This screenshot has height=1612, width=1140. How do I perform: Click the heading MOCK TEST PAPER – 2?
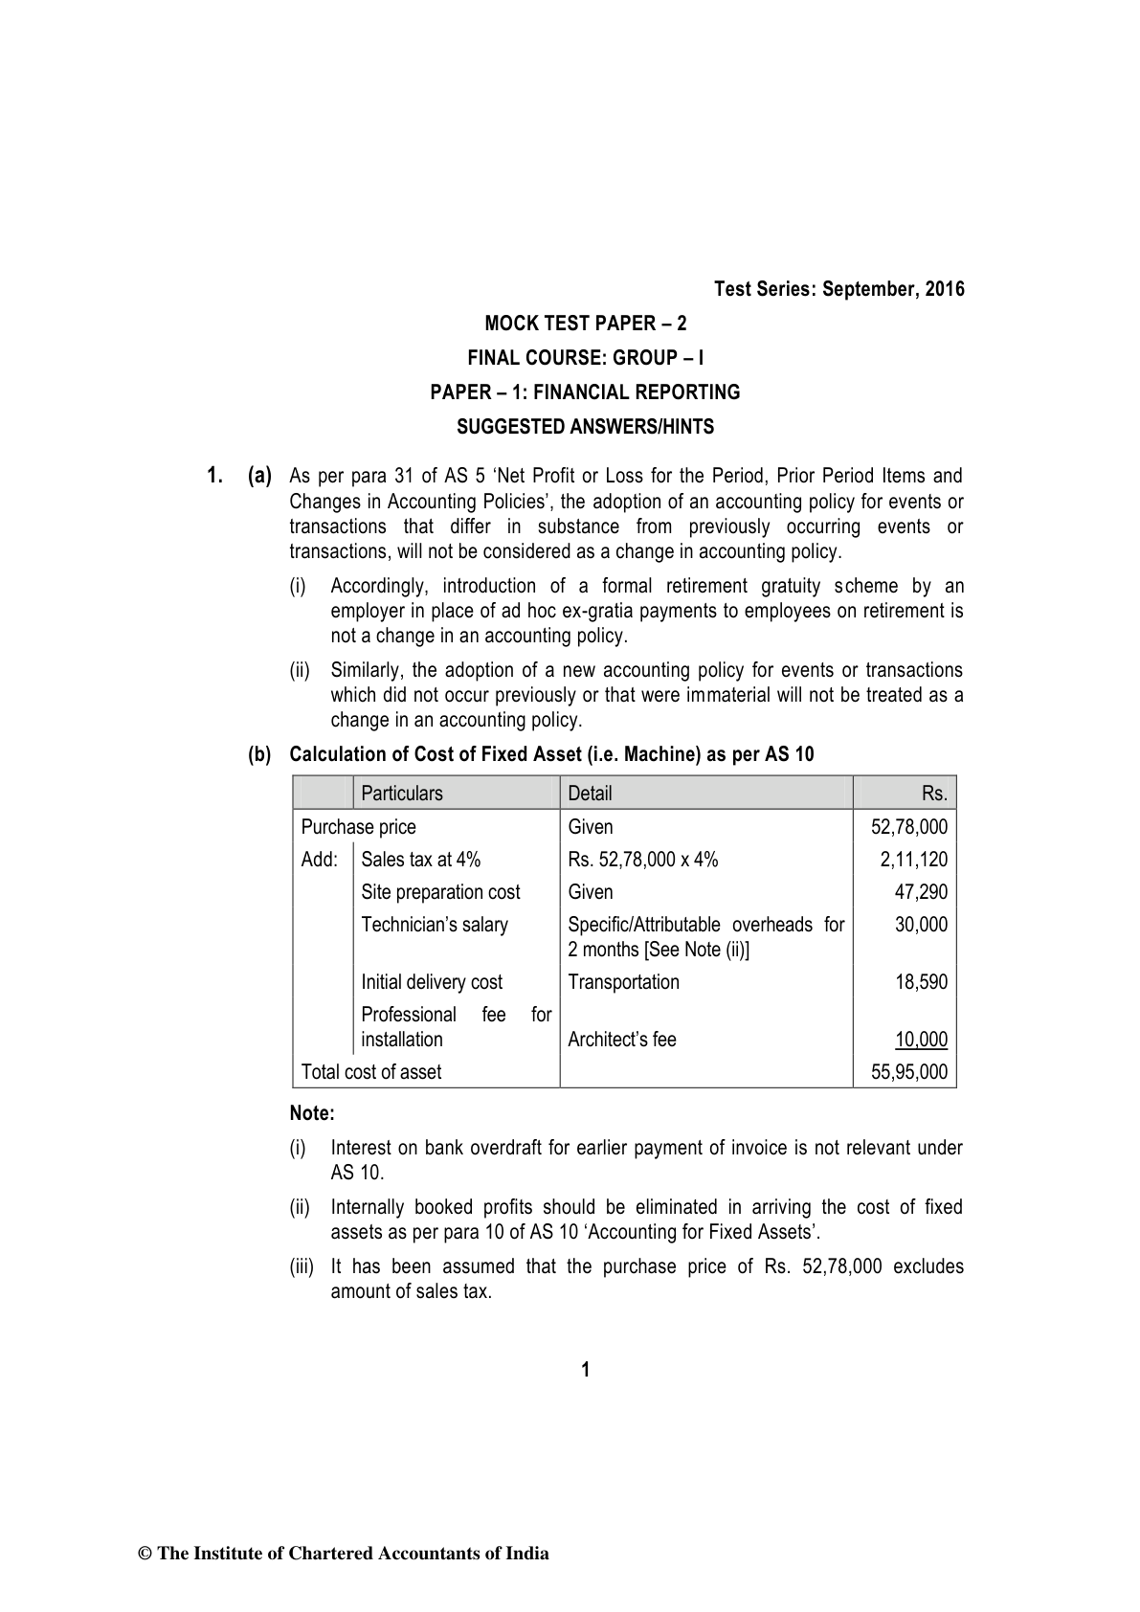[x=585, y=324]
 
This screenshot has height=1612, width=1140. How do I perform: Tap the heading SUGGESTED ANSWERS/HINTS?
[x=585, y=427]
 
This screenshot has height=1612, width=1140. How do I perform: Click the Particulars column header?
[x=402, y=794]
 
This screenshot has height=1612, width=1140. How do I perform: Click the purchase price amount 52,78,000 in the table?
[x=909, y=827]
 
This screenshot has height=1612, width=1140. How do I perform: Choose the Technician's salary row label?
[x=435, y=925]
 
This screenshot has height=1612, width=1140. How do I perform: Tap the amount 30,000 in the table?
[x=921, y=925]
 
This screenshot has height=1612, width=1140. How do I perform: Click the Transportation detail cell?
[x=623, y=982]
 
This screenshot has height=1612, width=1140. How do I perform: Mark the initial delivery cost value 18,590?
[x=921, y=982]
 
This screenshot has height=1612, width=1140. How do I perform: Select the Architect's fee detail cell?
[x=622, y=1040]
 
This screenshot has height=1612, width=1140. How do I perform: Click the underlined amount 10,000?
[x=921, y=1040]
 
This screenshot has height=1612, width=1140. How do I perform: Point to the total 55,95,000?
[x=909, y=1072]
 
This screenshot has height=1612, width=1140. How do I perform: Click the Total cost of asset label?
[x=371, y=1072]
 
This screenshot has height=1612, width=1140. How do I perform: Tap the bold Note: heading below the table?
[x=312, y=1114]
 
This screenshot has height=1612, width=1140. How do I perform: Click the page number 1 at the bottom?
[x=586, y=1370]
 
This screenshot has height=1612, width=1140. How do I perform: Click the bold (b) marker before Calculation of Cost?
[x=259, y=754]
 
